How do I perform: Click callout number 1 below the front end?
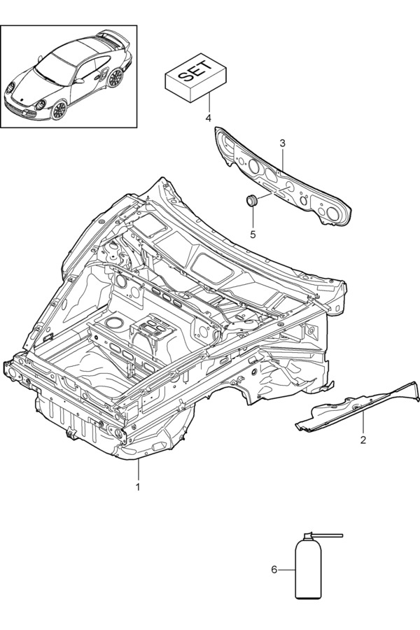click(138, 486)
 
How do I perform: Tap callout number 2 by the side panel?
click(363, 440)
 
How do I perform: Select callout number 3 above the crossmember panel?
click(282, 143)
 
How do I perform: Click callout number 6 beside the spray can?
click(274, 570)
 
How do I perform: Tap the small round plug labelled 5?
click(251, 201)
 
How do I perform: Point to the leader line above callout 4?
click(207, 104)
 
